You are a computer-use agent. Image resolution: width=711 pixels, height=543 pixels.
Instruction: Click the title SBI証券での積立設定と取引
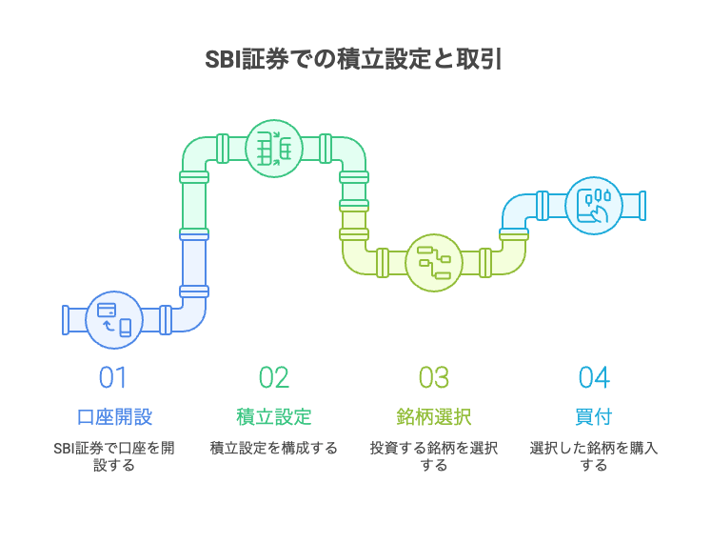pyautogui.click(x=354, y=60)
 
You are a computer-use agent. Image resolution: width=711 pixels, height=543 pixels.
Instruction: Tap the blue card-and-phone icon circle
pyautogui.click(x=114, y=319)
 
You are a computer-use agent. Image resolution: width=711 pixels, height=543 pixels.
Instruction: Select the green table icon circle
pyautogui.click(x=274, y=149)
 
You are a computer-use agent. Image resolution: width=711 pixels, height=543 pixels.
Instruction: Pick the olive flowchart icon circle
pyautogui.click(x=434, y=262)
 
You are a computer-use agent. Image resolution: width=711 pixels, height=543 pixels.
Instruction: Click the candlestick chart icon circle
pyautogui.click(x=594, y=205)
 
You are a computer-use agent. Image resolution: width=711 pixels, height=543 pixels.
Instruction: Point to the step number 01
pyautogui.click(x=113, y=377)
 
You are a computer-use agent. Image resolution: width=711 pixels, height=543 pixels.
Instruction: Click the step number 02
pyautogui.click(x=274, y=377)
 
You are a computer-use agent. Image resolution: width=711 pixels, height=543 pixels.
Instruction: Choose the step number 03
pyautogui.click(x=434, y=377)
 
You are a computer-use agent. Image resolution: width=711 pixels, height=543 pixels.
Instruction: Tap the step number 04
pyautogui.click(x=594, y=377)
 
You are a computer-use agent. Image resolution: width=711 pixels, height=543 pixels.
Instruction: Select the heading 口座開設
pyautogui.click(x=114, y=416)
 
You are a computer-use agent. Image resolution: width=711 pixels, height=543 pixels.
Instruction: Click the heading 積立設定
pyautogui.click(x=274, y=416)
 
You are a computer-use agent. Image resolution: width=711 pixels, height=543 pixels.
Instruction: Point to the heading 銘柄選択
pyautogui.click(x=434, y=416)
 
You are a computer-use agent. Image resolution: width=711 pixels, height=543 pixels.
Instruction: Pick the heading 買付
pyautogui.click(x=594, y=416)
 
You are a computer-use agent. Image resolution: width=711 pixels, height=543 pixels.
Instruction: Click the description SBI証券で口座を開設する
pyautogui.click(x=114, y=456)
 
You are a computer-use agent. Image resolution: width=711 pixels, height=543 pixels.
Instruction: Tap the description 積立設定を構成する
pyautogui.click(x=274, y=448)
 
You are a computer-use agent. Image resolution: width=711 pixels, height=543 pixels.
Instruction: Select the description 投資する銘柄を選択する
pyautogui.click(x=434, y=456)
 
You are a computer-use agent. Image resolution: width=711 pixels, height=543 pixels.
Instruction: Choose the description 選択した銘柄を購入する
pyautogui.click(x=594, y=456)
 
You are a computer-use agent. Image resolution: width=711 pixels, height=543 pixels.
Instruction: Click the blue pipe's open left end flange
pyautogui.click(x=66, y=319)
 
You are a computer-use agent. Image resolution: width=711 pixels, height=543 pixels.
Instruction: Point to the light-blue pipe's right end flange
pyautogui.click(x=642, y=205)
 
